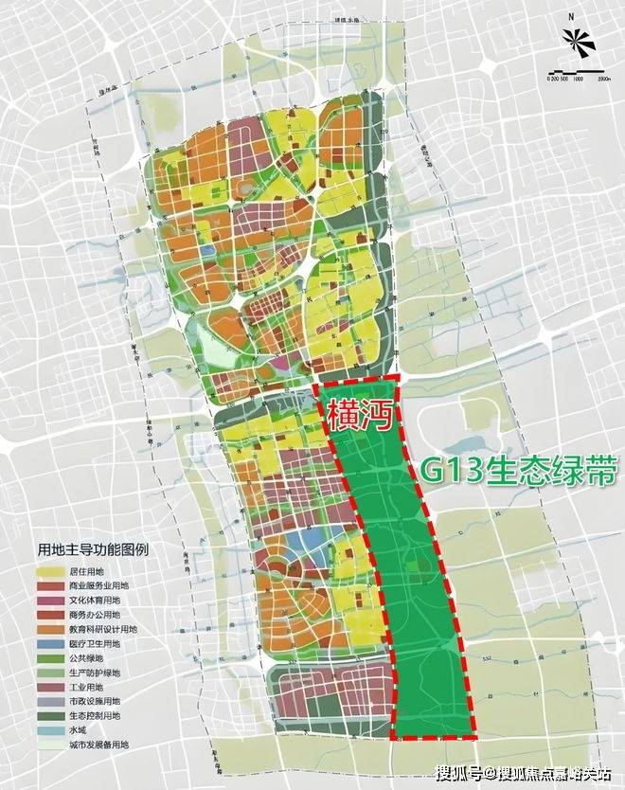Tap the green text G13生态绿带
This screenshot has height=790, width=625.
pos(509,471)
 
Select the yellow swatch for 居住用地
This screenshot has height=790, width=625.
pos(49,572)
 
